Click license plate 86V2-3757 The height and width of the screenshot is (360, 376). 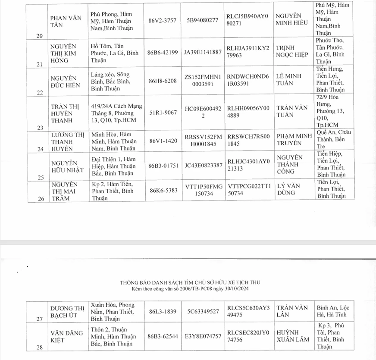pos(162,20)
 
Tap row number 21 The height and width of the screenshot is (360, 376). pos(39,64)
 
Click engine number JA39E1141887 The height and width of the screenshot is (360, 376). pos(203,52)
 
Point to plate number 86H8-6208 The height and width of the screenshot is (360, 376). pos(162,80)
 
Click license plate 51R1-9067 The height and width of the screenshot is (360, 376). pos(162,113)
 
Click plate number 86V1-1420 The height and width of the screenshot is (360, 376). pos(162,141)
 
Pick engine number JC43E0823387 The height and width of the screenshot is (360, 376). pos(203,165)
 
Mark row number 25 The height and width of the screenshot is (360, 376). pos(39,177)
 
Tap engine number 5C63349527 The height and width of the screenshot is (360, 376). pos(203,311)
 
